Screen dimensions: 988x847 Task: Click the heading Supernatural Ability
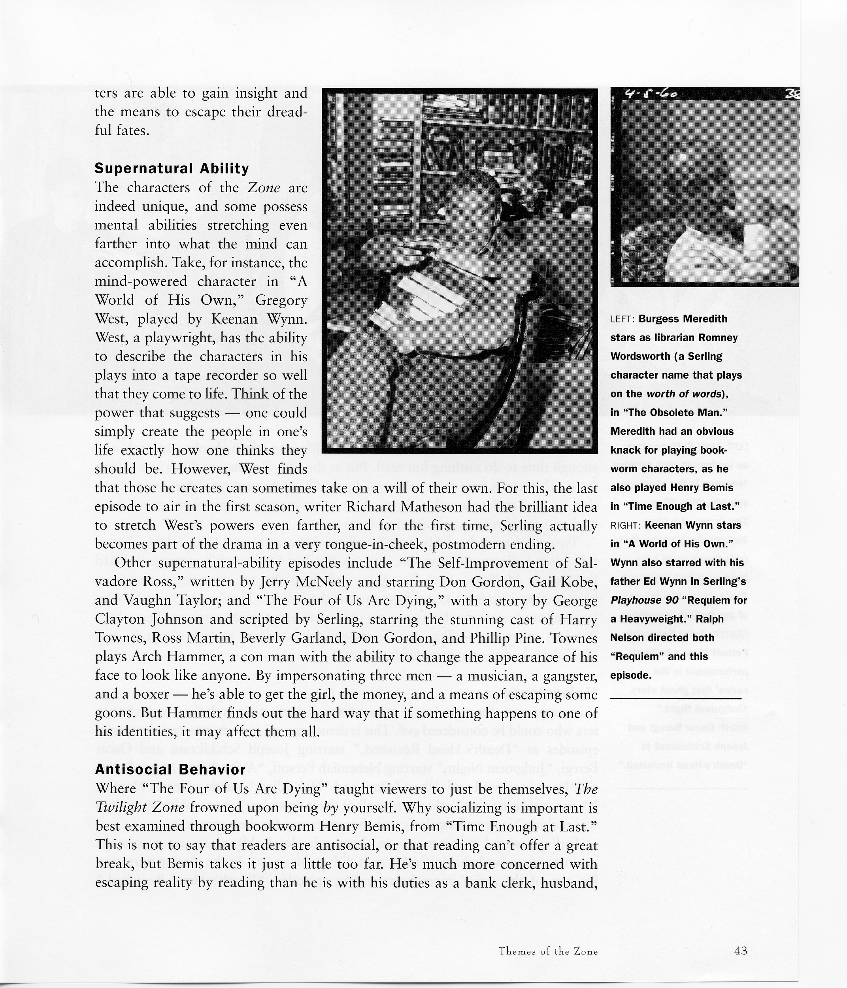(x=172, y=168)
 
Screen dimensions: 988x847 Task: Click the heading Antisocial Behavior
(x=170, y=769)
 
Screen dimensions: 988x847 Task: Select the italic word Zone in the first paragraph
(x=264, y=187)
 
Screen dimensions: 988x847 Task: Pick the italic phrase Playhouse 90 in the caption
(x=644, y=600)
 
